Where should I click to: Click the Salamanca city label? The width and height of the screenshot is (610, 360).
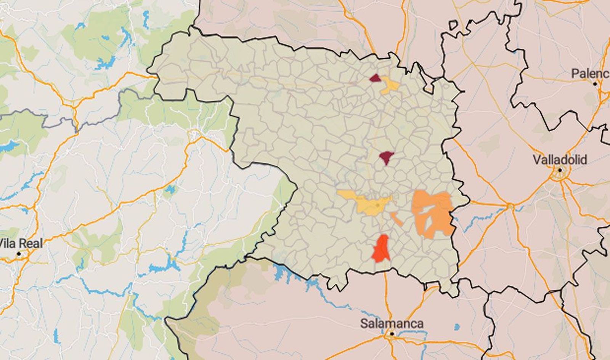click(392, 323)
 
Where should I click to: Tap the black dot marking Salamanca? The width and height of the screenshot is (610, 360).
click(392, 334)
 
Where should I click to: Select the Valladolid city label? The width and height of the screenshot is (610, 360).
click(559, 160)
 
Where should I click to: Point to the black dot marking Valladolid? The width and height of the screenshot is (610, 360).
click(560, 170)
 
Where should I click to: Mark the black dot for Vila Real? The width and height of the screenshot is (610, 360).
click(19, 254)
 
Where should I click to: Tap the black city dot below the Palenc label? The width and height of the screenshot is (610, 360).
click(595, 84)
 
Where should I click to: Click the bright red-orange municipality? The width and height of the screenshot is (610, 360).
click(382, 248)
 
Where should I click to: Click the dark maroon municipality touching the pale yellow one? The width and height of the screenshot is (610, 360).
click(376, 78)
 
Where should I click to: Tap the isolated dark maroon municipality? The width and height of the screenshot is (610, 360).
click(387, 157)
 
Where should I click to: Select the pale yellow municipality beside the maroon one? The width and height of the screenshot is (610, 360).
click(390, 86)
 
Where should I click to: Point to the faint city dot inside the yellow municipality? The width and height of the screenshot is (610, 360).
click(377, 205)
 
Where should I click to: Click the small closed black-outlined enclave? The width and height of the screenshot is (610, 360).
click(453, 26)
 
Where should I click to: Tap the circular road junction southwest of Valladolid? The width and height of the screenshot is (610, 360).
click(510, 206)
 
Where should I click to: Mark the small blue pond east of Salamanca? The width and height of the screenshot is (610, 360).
click(457, 327)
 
